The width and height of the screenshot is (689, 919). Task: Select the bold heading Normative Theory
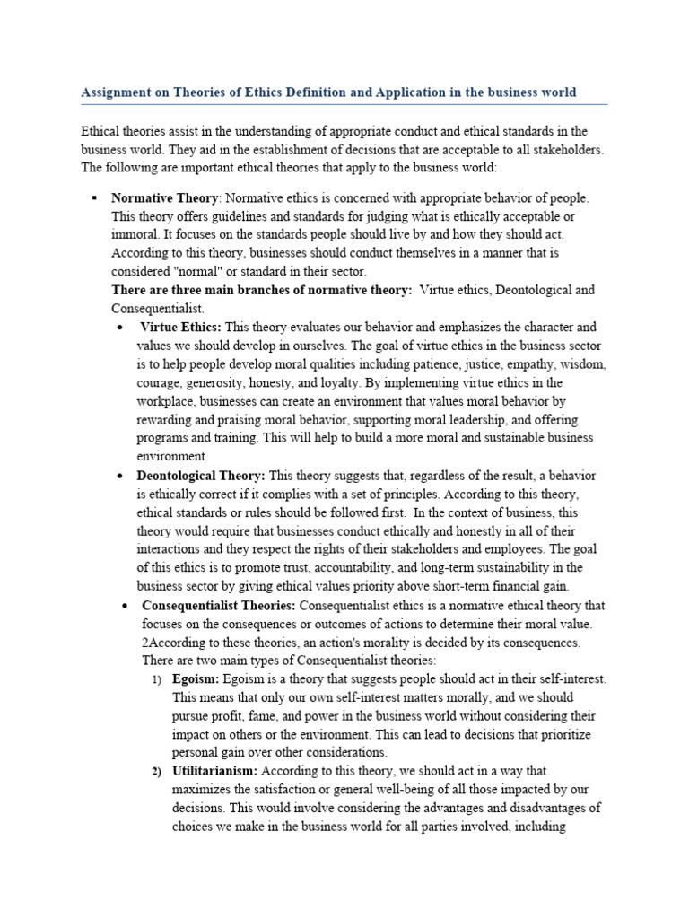[x=164, y=197]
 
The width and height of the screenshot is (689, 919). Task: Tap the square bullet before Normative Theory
[x=92, y=197]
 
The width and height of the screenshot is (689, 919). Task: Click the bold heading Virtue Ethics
[x=180, y=327]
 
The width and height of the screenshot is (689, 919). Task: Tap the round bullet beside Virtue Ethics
[x=119, y=327]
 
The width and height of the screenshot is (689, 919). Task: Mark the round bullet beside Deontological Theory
[x=119, y=475]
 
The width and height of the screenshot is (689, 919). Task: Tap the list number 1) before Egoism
[x=156, y=679]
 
